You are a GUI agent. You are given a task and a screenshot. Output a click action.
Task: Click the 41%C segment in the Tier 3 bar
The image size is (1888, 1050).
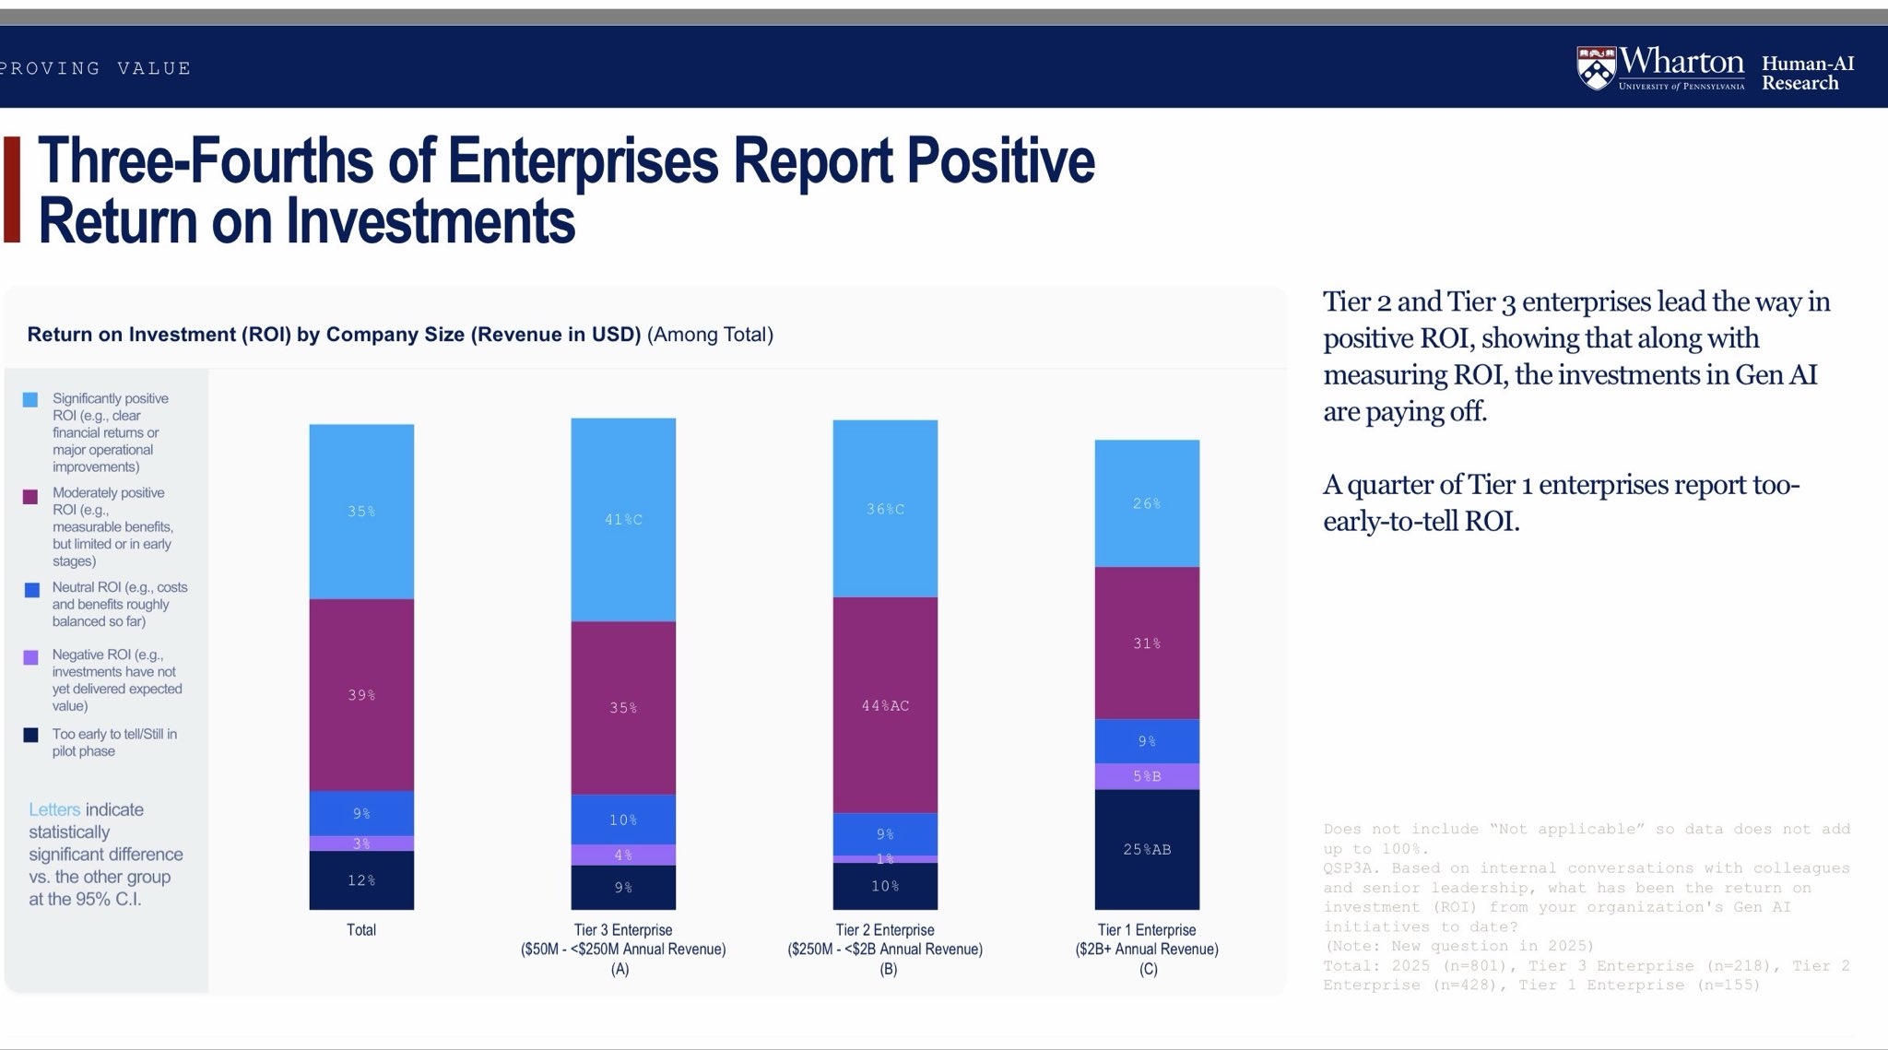click(623, 520)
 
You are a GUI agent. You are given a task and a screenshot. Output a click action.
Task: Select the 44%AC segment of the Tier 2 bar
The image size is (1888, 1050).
click(885, 705)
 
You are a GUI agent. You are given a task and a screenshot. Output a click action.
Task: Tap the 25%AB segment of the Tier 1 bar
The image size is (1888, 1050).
click(1147, 849)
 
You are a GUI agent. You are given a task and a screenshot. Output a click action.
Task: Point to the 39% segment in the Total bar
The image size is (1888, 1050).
click(361, 695)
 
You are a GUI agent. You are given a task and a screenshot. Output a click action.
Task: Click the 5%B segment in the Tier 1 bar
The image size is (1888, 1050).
click(1147, 776)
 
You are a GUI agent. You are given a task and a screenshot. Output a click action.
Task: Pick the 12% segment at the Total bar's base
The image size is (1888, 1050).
click(361, 880)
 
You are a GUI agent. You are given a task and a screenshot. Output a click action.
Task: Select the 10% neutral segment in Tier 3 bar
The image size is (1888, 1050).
click(623, 820)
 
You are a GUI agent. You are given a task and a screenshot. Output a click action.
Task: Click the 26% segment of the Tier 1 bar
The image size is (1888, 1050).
click(1147, 503)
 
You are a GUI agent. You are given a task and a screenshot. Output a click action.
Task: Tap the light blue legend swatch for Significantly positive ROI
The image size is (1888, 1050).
click(30, 400)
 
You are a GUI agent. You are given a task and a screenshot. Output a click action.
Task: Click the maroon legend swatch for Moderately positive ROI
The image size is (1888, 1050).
click(30, 497)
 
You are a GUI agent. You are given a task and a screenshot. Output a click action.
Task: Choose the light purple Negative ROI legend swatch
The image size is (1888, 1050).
click(30, 657)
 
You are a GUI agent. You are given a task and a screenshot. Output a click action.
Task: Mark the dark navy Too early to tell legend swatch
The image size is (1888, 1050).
click(30, 736)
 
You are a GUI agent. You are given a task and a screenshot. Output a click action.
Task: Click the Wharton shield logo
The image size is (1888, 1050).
click(1596, 68)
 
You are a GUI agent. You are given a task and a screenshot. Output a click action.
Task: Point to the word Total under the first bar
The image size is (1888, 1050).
click(361, 930)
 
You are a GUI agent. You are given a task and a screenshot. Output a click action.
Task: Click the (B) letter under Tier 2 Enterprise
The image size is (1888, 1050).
click(888, 969)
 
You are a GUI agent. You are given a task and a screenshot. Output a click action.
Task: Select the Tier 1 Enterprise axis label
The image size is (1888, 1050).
click(1147, 930)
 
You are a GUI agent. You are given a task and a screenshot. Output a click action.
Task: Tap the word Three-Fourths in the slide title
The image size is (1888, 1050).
click(205, 161)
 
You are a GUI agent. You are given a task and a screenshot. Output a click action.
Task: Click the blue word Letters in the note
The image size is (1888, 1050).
click(54, 810)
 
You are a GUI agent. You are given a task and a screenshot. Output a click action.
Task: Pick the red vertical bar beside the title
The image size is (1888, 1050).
click(12, 190)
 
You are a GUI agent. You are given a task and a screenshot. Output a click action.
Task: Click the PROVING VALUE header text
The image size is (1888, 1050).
click(96, 68)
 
